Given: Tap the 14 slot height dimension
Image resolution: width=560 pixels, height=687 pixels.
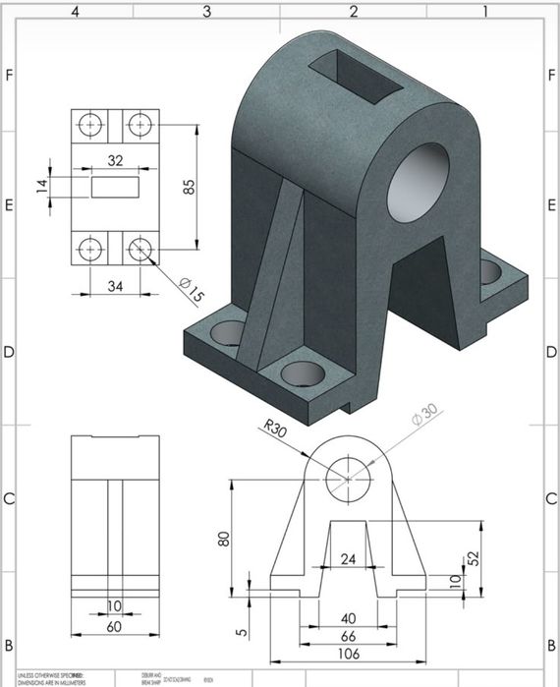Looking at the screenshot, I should [42, 186].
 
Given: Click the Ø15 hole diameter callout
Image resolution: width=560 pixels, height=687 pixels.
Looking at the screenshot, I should [191, 290].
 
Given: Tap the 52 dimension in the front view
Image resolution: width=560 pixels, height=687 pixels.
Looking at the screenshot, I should [473, 557].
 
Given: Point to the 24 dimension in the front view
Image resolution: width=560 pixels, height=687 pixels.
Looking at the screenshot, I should [348, 559].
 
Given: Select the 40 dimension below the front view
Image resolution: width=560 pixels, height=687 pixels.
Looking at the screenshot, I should [348, 619].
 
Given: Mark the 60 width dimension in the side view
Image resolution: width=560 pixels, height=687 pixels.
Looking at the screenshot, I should [115, 626].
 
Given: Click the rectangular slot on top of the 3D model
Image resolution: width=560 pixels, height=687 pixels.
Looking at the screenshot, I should [357, 76].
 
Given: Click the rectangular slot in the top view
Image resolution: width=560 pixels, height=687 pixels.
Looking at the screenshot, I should [115, 186].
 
